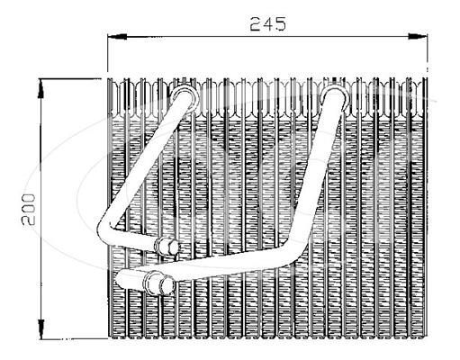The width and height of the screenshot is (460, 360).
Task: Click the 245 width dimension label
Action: (x=268, y=24)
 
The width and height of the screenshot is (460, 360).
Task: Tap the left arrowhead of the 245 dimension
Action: (x=117, y=36)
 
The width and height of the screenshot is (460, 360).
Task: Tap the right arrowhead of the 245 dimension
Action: (x=418, y=36)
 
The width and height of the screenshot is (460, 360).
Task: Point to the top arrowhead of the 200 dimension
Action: (x=41, y=88)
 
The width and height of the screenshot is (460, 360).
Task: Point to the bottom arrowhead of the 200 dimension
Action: (x=41, y=329)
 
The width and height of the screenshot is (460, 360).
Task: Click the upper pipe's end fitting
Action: (x=167, y=246)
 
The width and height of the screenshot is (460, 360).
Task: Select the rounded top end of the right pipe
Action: (x=336, y=94)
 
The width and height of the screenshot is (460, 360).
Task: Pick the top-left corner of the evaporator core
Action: (x=107, y=78)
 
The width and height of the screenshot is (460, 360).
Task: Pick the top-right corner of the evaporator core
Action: (x=428, y=78)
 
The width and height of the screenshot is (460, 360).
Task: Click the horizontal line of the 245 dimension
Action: (x=267, y=36)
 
